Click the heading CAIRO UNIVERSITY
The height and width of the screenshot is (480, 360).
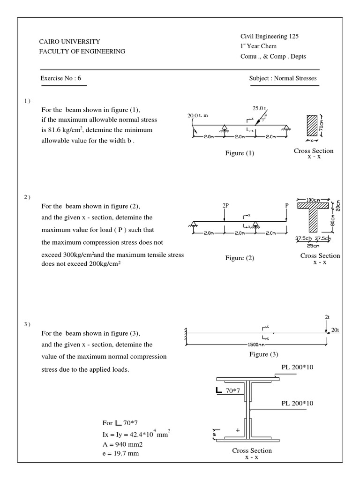(69, 42)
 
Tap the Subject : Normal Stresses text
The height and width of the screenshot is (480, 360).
(283, 78)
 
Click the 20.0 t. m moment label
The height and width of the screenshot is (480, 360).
(200, 115)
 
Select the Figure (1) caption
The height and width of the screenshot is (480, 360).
(240, 153)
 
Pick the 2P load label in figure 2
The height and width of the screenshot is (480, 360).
(225, 205)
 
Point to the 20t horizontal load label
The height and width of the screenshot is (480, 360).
(335, 330)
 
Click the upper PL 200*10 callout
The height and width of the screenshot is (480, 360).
(297, 367)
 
